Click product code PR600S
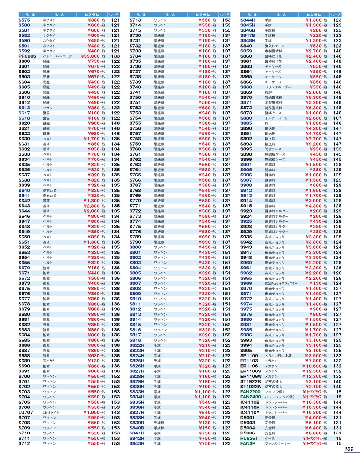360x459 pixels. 27,56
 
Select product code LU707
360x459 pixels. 26,412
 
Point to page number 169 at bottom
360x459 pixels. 348,449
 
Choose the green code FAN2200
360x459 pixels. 251,391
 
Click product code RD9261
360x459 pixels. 249,438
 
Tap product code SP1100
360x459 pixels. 249,355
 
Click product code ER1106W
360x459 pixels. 251,376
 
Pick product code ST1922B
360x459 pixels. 251,381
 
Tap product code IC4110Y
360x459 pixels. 250,412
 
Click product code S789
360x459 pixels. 135,237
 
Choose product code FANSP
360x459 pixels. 248,443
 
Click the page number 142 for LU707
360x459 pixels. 115,412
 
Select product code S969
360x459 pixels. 246,283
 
